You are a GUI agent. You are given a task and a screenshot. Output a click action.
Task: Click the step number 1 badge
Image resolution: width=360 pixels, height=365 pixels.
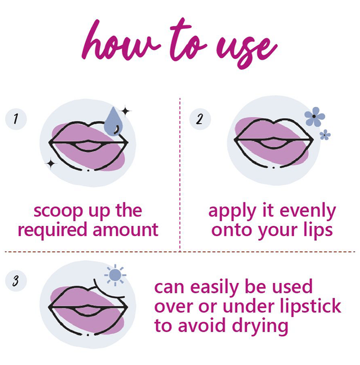(x=16, y=119)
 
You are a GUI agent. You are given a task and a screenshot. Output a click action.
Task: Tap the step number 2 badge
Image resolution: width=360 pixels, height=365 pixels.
(x=200, y=119)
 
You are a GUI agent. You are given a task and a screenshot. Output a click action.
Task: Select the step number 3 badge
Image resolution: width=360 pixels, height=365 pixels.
(x=16, y=281)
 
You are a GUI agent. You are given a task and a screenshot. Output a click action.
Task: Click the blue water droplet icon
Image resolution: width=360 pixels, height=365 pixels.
(x=113, y=121)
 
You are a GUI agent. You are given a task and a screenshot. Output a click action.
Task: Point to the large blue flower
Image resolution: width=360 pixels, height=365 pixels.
(x=315, y=117)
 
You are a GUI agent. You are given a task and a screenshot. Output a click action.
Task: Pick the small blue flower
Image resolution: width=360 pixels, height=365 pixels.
(x=325, y=135)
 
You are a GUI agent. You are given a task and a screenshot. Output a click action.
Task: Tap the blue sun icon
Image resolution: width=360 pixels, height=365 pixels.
(x=115, y=275)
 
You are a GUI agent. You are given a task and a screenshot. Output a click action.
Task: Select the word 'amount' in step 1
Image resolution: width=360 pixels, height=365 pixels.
(x=126, y=230)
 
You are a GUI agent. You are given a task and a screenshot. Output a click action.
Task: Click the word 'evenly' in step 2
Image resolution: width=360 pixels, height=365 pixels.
(x=308, y=212)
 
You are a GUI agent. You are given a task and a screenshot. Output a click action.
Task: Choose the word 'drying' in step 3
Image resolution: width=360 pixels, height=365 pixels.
(x=260, y=326)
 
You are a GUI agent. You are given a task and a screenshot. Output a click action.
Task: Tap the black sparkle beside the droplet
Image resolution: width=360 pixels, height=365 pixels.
(x=126, y=111)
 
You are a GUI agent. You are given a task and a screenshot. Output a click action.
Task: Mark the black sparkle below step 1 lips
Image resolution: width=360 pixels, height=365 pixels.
(x=51, y=164)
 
